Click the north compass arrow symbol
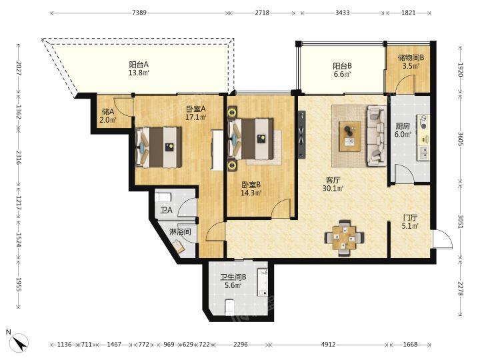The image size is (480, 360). point(19,341)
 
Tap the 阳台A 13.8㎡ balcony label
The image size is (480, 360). point(139,69)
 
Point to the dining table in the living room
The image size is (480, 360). point(345,237)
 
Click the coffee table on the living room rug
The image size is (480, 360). point(350,136)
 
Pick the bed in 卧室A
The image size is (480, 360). point(159,147)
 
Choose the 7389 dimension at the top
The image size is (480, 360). point(139,13)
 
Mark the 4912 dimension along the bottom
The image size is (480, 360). point(328,345)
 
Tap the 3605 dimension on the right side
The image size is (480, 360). point(460,139)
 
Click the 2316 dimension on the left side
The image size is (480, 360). point(19,157)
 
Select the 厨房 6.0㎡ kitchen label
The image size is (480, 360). point(403,130)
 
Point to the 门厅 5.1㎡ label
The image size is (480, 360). point(410,222)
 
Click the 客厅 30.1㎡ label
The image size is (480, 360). point(333,184)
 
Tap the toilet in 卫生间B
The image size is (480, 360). point(229,307)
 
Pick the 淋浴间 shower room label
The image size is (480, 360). point(180,232)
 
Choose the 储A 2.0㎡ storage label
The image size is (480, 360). point(108,115)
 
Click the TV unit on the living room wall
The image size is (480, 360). point(302,134)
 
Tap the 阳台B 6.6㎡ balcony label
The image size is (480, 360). point(342,70)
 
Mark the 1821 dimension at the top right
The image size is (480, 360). point(409,13)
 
